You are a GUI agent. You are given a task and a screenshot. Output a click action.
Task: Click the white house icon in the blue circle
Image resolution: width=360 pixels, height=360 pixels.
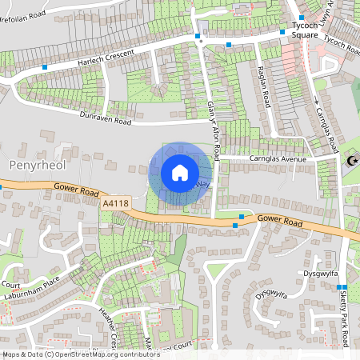coord(180,173)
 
